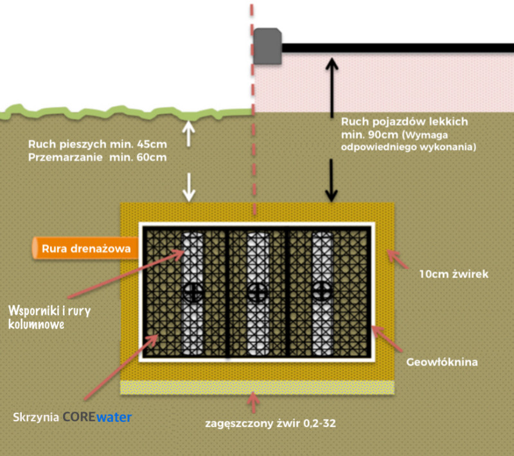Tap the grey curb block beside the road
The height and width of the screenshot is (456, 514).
coord(266,46)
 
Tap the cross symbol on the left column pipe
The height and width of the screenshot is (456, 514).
coord(191,292)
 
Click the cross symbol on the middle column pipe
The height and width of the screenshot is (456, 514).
coord(256,292)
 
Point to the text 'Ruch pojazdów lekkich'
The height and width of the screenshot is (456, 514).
coord(404,121)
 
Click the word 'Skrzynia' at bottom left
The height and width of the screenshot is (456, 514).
coord(36,417)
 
